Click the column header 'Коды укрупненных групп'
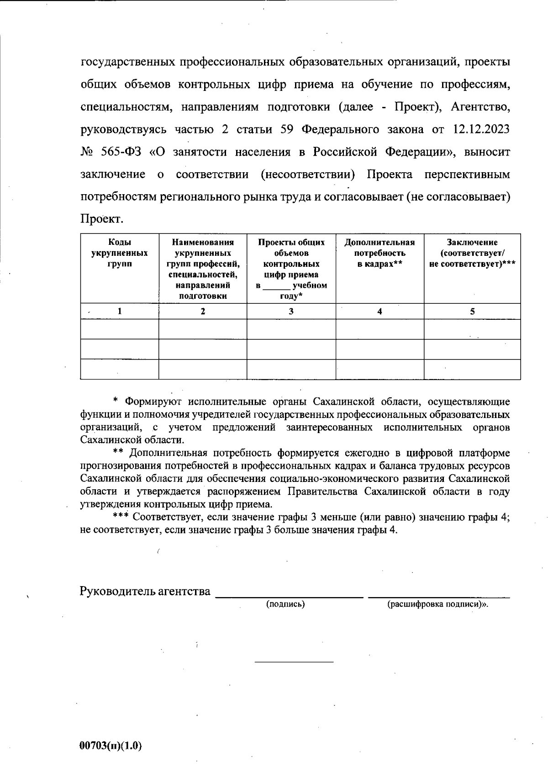point(119,253)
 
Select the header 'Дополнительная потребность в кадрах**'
point(379,253)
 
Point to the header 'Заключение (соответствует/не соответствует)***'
point(472,253)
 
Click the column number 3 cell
point(291,312)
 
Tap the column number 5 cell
point(472,312)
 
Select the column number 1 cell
point(120,312)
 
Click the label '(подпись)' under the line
point(285,604)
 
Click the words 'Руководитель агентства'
point(145,592)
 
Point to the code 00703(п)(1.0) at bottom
point(111,746)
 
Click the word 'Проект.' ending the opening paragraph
point(102,219)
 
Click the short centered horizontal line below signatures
point(294,661)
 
